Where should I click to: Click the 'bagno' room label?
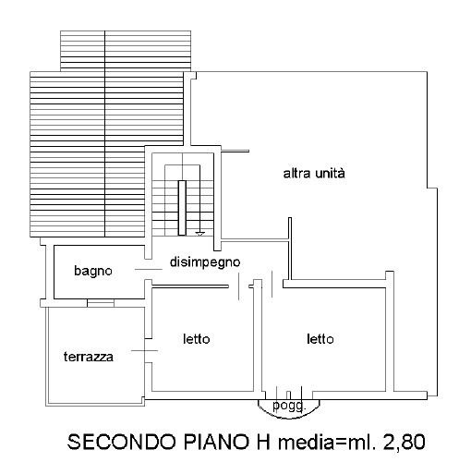[x=93, y=271]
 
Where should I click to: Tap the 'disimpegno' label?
[x=205, y=262]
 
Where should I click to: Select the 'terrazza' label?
[x=89, y=357]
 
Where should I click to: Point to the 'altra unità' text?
[x=314, y=173]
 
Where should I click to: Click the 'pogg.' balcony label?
[x=289, y=406]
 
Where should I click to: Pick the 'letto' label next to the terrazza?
[x=197, y=339]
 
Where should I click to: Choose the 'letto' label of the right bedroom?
[x=320, y=339]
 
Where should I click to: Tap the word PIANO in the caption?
[x=216, y=442]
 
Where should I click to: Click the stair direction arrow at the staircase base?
[x=200, y=235]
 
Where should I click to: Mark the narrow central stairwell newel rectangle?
[x=182, y=208]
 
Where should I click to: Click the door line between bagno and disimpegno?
[x=149, y=270]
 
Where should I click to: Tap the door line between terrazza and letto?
[x=144, y=350]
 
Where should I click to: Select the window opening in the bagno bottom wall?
[x=101, y=303]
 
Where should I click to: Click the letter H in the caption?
[x=263, y=442]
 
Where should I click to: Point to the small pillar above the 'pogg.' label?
[x=288, y=395]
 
